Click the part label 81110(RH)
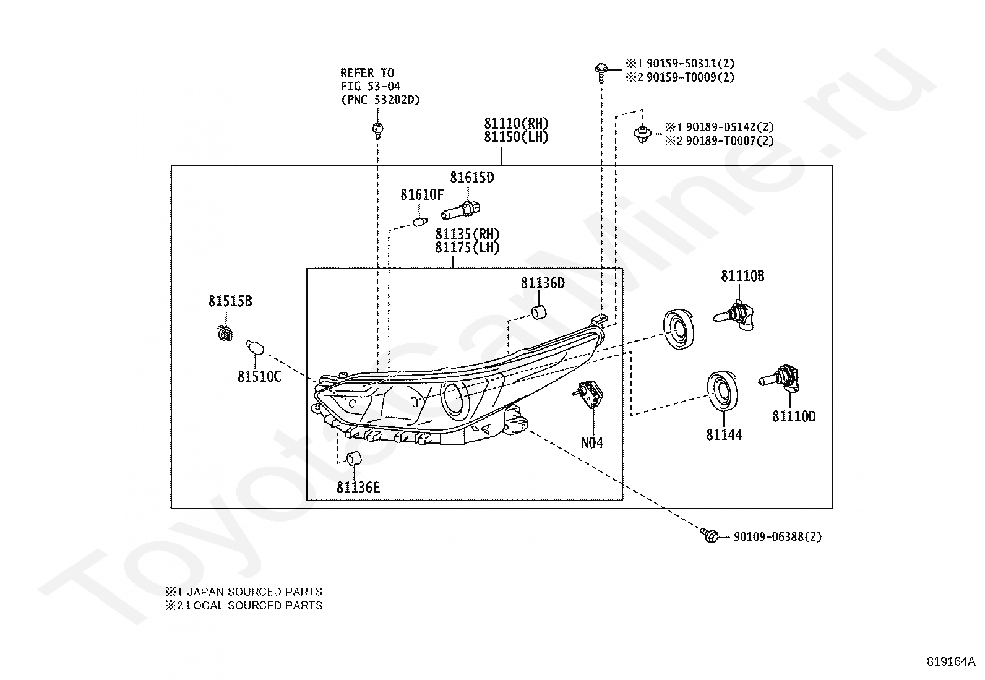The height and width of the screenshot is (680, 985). click(x=516, y=123)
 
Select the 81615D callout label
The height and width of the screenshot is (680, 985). click(x=472, y=177)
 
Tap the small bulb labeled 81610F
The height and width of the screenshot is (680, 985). click(x=420, y=222)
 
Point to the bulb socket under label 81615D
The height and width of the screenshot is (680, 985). click(x=460, y=210)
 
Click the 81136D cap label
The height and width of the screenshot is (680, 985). click(x=543, y=283)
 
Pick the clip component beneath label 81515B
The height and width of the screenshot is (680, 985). click(x=225, y=332)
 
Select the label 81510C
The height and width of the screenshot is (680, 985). click(x=259, y=377)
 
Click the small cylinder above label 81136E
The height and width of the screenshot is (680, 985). click(x=353, y=458)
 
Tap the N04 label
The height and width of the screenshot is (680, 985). click(x=592, y=442)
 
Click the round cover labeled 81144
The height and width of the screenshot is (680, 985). click(x=723, y=391)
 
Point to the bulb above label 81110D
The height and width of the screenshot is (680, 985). click(x=779, y=379)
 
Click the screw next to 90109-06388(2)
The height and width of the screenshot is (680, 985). click(x=709, y=535)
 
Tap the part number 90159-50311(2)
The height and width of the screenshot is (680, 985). click(x=690, y=64)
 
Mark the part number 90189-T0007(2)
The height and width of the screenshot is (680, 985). click(x=729, y=141)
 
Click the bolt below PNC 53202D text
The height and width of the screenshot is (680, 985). click(x=377, y=131)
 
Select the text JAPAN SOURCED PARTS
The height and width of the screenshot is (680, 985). click(x=255, y=592)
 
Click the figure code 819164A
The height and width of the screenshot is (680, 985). click(x=951, y=661)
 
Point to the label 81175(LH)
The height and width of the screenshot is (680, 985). click(x=467, y=247)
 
